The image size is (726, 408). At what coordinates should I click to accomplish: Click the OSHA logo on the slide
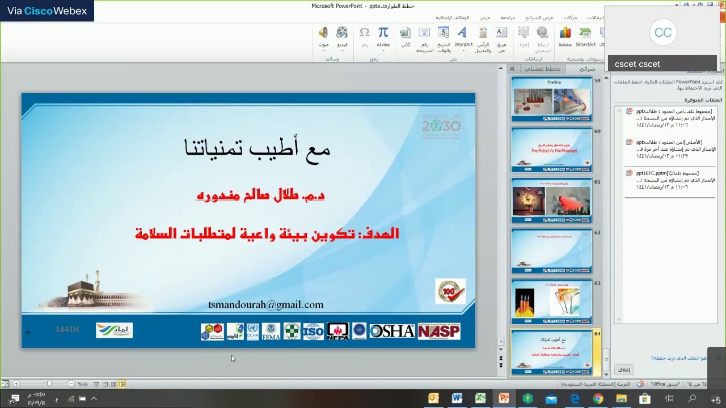(x=392, y=331)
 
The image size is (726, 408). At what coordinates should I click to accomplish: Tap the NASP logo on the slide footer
(x=439, y=331)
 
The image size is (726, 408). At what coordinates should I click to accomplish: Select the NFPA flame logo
(x=337, y=331)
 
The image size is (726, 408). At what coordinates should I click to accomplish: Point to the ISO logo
(x=313, y=331)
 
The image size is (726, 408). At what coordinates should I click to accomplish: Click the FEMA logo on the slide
(x=271, y=331)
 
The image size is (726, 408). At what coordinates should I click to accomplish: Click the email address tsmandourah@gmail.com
(x=266, y=305)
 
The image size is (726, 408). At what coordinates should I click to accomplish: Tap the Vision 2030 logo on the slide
(x=441, y=126)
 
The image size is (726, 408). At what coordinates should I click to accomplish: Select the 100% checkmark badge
(x=450, y=291)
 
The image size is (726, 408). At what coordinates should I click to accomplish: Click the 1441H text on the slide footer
(x=67, y=329)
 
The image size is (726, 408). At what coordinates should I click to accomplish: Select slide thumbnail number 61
(x=551, y=201)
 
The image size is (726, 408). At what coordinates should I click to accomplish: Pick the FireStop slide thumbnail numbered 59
(x=551, y=99)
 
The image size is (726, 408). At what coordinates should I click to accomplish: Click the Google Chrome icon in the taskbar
(x=598, y=399)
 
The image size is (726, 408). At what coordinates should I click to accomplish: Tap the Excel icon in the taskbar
(x=480, y=399)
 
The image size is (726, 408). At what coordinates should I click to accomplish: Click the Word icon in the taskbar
(x=457, y=399)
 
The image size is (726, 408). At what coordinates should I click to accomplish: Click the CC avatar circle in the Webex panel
(x=662, y=32)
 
